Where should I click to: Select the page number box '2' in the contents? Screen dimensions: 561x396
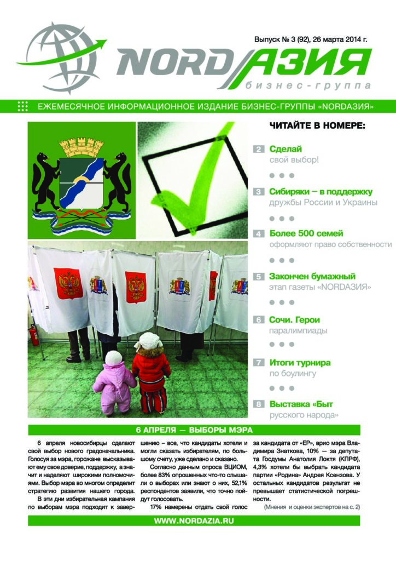[x=258, y=149]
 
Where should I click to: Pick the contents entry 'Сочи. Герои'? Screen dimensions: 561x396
[x=294, y=319]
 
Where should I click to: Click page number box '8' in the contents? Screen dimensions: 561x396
[x=258, y=405]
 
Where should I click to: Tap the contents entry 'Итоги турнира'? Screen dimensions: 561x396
[x=300, y=362]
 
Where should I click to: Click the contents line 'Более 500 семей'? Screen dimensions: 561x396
[x=306, y=234]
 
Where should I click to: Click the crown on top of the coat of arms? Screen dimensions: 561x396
[x=81, y=147]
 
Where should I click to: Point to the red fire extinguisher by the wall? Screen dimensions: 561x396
[x=35, y=334]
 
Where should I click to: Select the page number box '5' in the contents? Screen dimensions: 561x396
[x=258, y=277]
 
